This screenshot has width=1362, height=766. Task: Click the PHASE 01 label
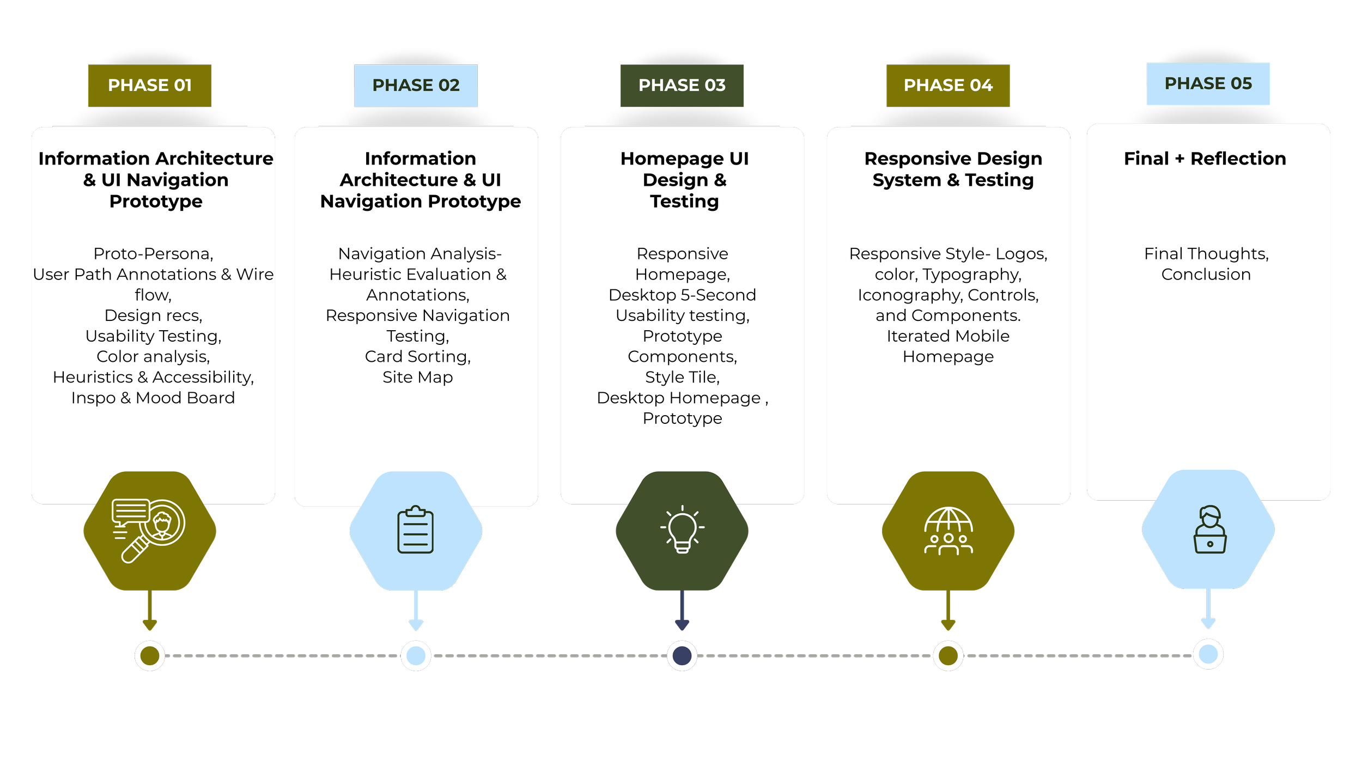pos(150,86)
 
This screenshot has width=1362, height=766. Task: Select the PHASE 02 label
pos(416,86)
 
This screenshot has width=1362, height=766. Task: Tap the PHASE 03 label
pos(682,86)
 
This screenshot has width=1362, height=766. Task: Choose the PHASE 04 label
pos(948,86)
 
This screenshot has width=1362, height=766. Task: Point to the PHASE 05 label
pos(1208,84)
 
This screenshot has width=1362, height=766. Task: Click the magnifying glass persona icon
pos(149,530)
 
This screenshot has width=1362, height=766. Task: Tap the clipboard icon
pos(415,530)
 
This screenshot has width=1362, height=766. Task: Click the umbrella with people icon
pos(948,531)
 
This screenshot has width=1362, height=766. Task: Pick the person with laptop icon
pos(1209,530)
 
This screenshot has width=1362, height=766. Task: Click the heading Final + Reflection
pos(1205,159)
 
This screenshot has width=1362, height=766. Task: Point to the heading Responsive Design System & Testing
pos(953,169)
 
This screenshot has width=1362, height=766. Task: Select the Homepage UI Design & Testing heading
pos(684,180)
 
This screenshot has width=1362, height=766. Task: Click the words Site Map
pos(417,377)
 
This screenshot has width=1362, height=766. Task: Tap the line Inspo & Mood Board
pos(153,398)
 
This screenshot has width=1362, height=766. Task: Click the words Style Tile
pos(682,377)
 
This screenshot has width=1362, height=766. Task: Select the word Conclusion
pos(1206,274)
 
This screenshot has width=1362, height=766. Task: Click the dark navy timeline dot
pos(682,655)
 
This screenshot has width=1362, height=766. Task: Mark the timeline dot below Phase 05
pos(1208,654)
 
